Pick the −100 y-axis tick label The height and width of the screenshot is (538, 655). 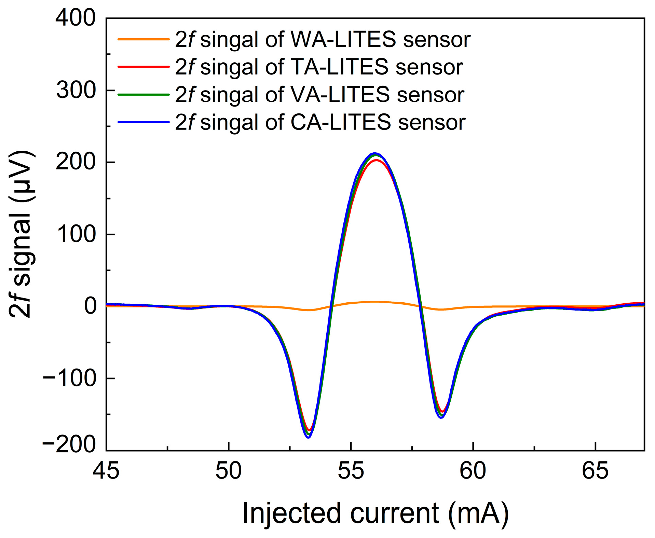[x=69, y=378]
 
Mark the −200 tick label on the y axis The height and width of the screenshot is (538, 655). [x=69, y=444]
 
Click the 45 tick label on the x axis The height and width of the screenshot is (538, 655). [x=106, y=471]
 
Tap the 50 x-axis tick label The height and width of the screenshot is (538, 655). [x=228, y=471]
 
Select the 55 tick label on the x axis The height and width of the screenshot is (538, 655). [x=351, y=471]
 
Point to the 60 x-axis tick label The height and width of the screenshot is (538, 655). [x=473, y=471]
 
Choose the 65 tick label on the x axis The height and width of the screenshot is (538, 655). [x=595, y=471]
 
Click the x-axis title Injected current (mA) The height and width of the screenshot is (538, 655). [x=375, y=513]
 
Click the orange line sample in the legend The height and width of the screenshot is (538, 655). [x=144, y=39]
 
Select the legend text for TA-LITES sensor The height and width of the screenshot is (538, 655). [x=319, y=67]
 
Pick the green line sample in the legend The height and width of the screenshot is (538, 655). [x=144, y=95]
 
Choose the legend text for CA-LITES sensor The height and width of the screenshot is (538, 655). [x=320, y=122]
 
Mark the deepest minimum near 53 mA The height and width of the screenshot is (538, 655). [x=309, y=437]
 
